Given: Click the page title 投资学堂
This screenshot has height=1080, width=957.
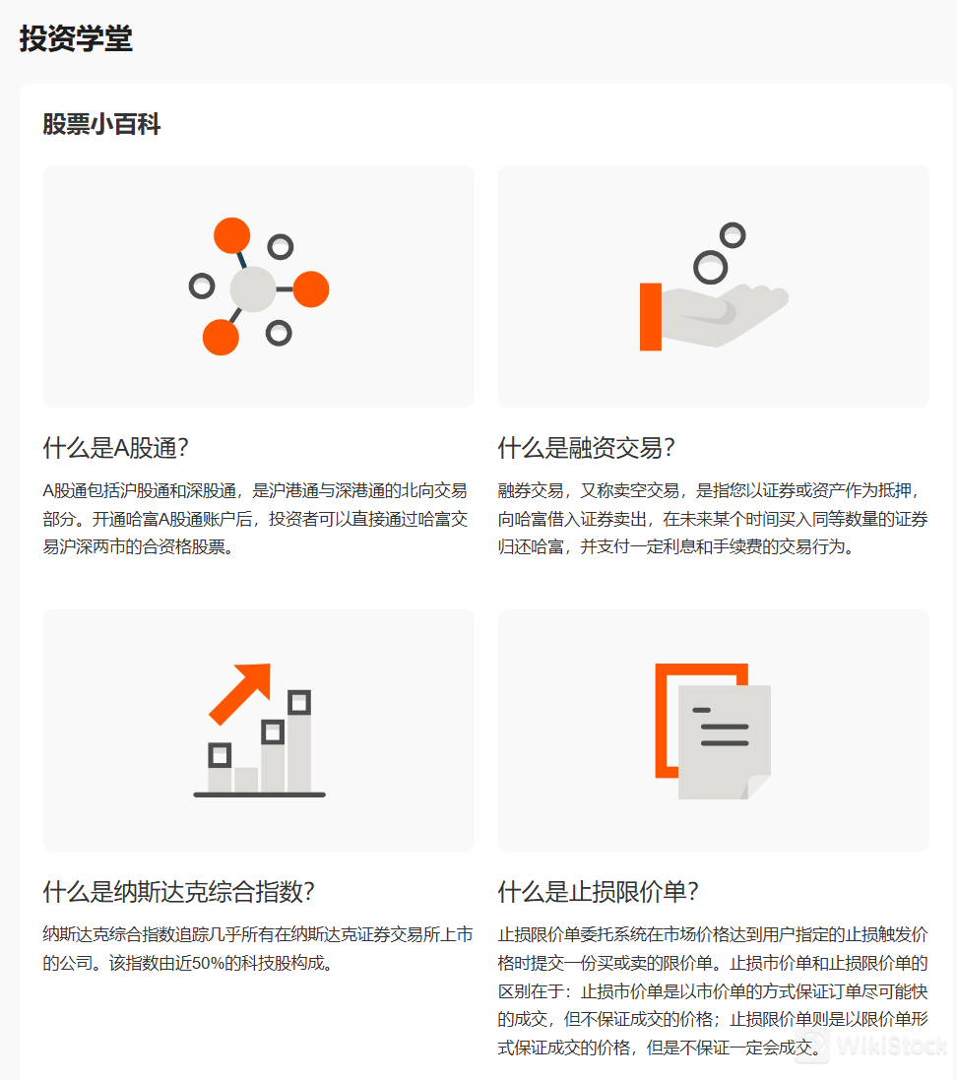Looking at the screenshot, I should pos(76,39).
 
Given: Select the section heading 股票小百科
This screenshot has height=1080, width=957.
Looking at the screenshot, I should pos(101,125).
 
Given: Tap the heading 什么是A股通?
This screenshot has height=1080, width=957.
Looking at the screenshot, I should pos(115,448).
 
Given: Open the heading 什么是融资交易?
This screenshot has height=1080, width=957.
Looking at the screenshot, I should pos(586,448).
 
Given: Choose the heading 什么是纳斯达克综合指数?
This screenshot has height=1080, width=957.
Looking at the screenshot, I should pos(178,892).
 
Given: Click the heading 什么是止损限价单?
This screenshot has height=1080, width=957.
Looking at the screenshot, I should pos(598,892).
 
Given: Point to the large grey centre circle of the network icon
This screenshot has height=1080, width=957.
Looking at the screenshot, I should pos(253,289).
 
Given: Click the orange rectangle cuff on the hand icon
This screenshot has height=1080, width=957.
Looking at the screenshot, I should pos(650,316).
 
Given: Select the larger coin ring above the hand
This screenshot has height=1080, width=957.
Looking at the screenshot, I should pos(710,266).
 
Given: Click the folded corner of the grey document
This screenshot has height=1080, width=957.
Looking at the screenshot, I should pos(759,786).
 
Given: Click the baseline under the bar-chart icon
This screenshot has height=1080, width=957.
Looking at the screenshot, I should pos(259,794).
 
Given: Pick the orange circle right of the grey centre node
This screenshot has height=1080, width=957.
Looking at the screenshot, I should pos(311,289).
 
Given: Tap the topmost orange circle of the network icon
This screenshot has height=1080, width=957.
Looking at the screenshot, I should pos(232,236).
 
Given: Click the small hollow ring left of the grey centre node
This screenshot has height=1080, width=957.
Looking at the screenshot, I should pos(201,286).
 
